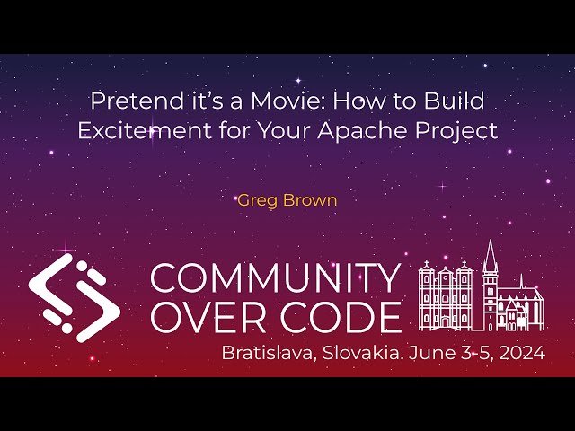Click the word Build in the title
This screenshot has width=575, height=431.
pos(456,101)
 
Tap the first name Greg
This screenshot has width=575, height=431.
pos(255,199)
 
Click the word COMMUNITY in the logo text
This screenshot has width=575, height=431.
pos(274,279)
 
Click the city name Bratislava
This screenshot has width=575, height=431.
pos(266,353)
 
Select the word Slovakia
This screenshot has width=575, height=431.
pos(360,353)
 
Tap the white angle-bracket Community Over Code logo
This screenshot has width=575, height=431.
pos(74,296)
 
